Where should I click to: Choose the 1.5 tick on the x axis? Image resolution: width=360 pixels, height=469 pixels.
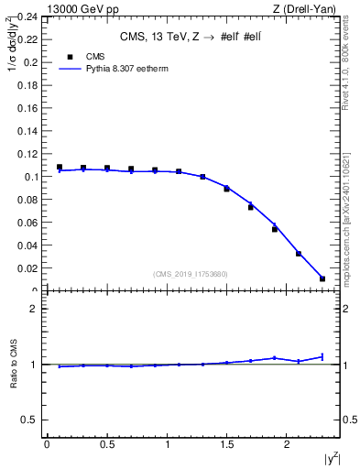(x=227, y=444)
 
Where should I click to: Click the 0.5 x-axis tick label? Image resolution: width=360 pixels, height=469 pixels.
(x=107, y=444)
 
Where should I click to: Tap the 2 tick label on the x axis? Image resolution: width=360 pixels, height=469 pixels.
(x=288, y=444)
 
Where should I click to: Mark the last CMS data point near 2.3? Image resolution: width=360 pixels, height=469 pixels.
(x=322, y=278)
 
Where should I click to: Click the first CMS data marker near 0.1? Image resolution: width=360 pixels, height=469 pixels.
(x=60, y=168)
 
